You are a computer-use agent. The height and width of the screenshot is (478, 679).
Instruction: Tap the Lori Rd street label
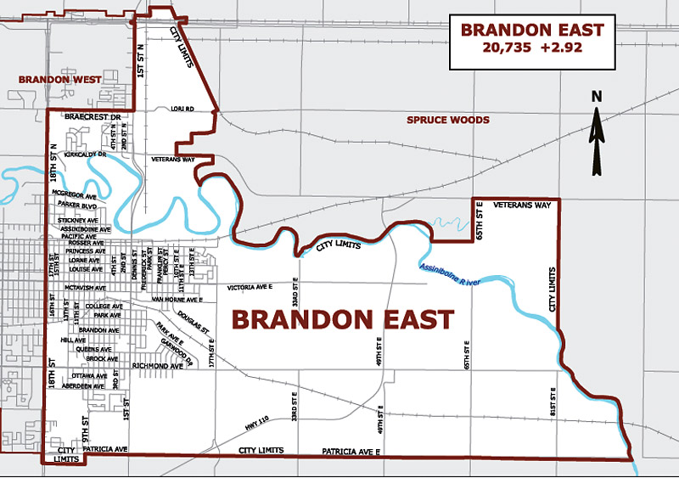click(x=182, y=109)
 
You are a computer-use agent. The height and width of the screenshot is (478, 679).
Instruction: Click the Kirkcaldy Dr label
click(x=82, y=155)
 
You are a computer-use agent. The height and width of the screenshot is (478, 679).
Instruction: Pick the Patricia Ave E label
click(x=350, y=450)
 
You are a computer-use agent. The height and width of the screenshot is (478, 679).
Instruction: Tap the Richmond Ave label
click(x=158, y=365)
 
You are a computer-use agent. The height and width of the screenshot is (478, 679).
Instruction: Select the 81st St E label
click(x=553, y=401)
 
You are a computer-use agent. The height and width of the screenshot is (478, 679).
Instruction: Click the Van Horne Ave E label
click(x=177, y=300)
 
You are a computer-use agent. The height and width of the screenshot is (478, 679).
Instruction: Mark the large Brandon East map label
click(x=343, y=319)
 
